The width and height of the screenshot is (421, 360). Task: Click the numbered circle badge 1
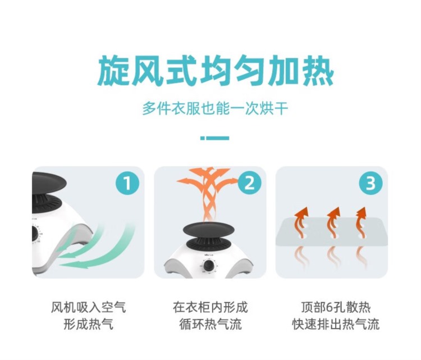pyautogui.click(x=127, y=183)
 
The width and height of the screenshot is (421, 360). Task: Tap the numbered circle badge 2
pyautogui.click(x=249, y=183)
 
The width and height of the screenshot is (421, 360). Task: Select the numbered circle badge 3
pyautogui.click(x=371, y=183)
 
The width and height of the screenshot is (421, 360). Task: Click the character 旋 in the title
pyautogui.click(x=113, y=71)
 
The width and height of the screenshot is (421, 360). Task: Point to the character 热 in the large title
pyautogui.click(x=318, y=71)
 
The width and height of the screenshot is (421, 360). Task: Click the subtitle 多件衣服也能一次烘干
pyautogui.click(x=216, y=109)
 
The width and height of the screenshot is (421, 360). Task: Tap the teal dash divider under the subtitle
pyautogui.click(x=215, y=138)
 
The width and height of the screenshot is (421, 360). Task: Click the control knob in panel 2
pyautogui.click(x=209, y=266)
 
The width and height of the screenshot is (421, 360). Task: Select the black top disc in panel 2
pyautogui.click(x=209, y=230)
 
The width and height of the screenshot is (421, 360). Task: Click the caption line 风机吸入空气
pyautogui.click(x=89, y=307)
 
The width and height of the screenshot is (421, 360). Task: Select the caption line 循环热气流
pyautogui.click(x=210, y=324)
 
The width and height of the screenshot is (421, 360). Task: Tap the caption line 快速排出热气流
pyautogui.click(x=336, y=324)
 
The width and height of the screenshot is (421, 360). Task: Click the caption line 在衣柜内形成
pyautogui.click(x=210, y=307)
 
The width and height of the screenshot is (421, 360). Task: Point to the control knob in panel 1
pyautogui.click(x=34, y=233)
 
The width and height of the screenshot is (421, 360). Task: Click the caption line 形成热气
pyautogui.click(x=89, y=324)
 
